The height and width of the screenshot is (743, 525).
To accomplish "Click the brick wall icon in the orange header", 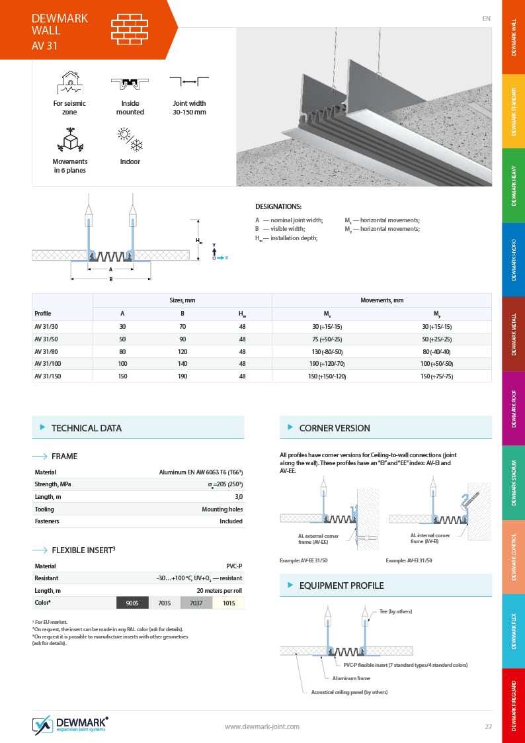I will [x=130, y=29].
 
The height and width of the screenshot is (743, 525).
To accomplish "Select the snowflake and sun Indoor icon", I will [x=130, y=141].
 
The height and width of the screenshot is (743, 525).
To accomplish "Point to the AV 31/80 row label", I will [x=47, y=351].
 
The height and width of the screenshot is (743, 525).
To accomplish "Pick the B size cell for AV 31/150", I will [x=182, y=376].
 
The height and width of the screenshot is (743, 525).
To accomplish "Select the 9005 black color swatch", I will [x=132, y=603].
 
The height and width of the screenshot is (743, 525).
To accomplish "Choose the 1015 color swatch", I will [x=229, y=603].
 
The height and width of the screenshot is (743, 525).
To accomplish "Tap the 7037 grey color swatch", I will [x=196, y=603].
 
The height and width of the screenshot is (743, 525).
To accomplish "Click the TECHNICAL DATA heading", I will [x=87, y=428].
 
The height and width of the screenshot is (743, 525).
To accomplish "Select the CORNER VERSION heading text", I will [x=335, y=428].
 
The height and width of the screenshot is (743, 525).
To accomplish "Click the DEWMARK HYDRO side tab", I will [x=514, y=259].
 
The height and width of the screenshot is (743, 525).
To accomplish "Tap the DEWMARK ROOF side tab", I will [x=514, y=408].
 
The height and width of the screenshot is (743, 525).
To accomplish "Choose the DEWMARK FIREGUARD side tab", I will [x=514, y=705].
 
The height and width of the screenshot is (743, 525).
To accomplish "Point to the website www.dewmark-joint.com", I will [x=262, y=726].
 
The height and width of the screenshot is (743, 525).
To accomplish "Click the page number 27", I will [x=488, y=726].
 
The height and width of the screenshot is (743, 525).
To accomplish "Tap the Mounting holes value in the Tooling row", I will [x=222, y=509].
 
